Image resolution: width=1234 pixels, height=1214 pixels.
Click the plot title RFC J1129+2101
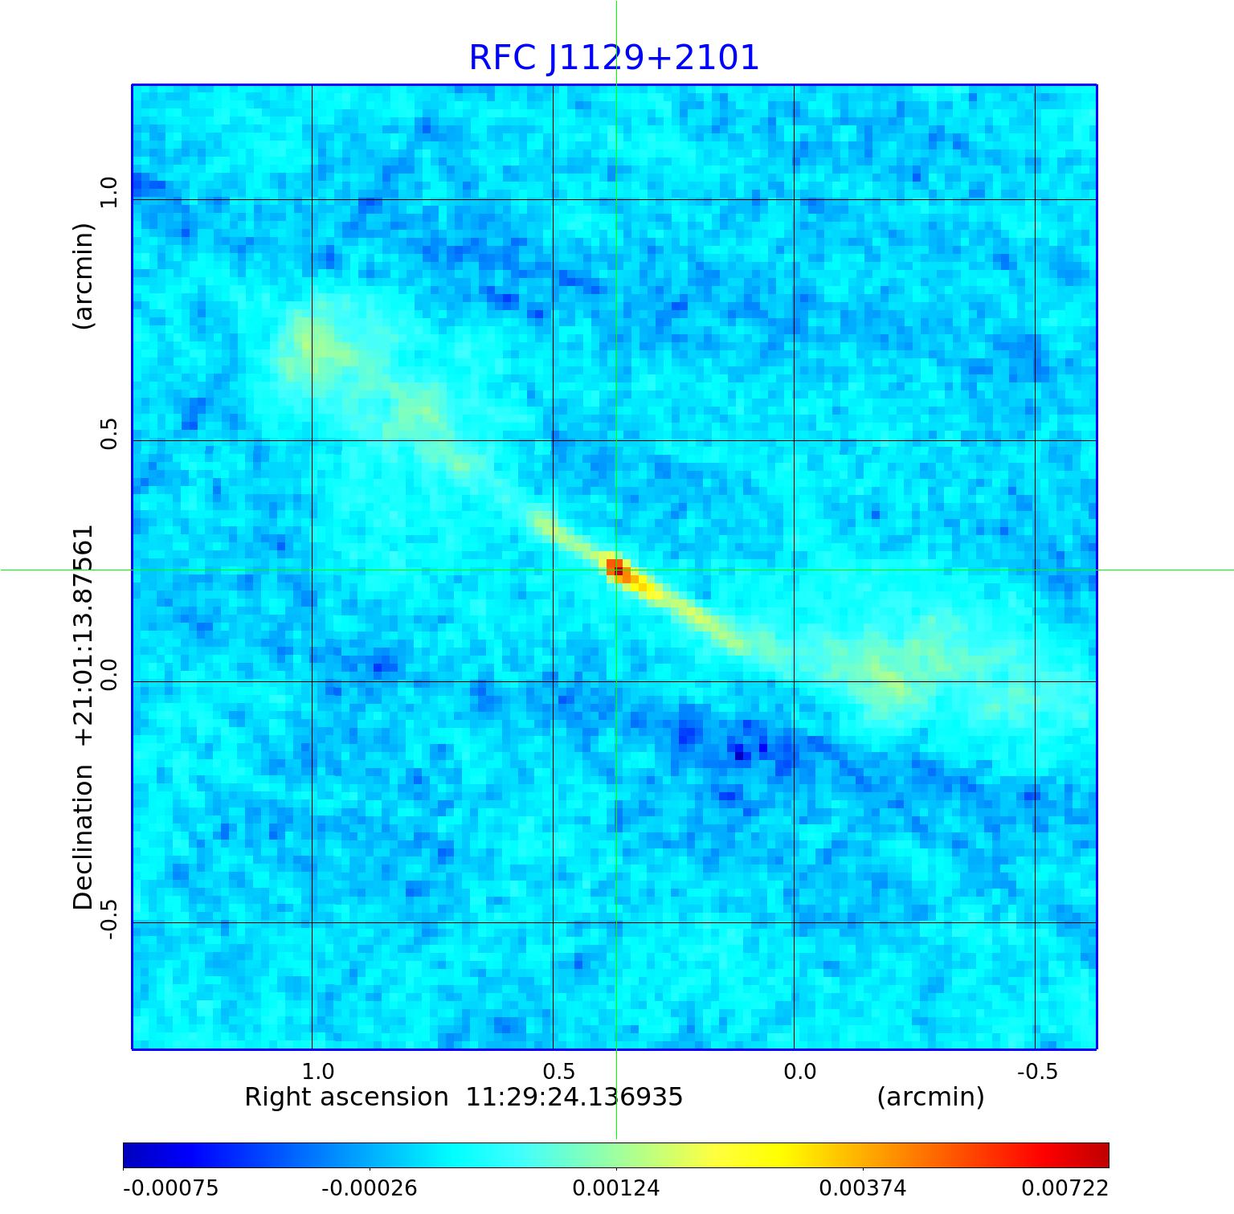(x=614, y=58)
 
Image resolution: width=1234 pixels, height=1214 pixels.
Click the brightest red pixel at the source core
(x=614, y=566)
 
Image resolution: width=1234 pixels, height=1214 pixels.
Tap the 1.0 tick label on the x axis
(x=317, y=1072)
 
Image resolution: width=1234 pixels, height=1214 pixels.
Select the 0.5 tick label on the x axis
(x=558, y=1072)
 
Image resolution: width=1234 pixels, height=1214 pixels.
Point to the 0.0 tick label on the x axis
(x=799, y=1072)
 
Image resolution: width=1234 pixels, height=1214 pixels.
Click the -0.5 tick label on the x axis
(x=1037, y=1072)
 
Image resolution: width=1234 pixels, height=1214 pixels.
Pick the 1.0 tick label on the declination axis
(x=108, y=193)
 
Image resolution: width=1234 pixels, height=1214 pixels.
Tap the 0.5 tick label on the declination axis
(x=108, y=434)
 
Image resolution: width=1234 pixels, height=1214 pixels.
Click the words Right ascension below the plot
(x=346, y=1098)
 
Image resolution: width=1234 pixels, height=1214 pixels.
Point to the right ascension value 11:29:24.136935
(x=574, y=1098)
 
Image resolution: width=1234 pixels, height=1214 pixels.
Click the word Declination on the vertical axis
(x=84, y=837)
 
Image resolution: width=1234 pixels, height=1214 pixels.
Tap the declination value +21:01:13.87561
(x=84, y=635)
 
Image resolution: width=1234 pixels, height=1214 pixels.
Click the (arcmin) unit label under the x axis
(x=930, y=1098)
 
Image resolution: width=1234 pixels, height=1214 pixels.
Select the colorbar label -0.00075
(x=170, y=1188)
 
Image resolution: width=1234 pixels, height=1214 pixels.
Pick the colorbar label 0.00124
(x=616, y=1188)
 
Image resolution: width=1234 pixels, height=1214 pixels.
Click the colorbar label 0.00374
(x=863, y=1188)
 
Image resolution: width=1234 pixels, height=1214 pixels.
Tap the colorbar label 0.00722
(x=1064, y=1188)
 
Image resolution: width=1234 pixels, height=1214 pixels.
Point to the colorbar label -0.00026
(x=370, y=1188)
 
